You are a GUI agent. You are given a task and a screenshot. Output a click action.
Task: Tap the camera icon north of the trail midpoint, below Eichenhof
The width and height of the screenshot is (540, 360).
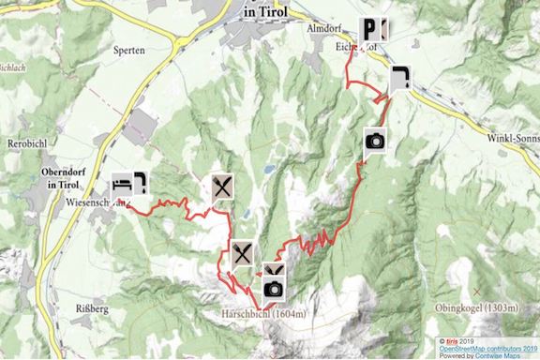375,141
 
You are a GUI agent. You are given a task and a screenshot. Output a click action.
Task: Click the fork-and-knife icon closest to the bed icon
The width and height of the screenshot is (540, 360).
221,186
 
